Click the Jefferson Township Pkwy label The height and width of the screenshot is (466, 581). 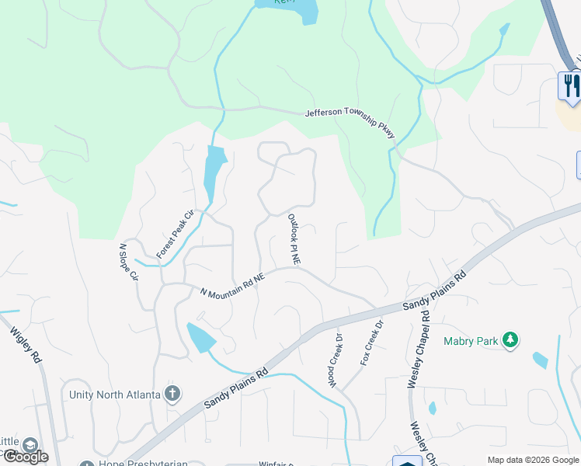pyautogui.click(x=350, y=122)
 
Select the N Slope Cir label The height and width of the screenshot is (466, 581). pyautogui.click(x=127, y=262)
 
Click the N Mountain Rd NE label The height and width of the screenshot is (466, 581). pyautogui.click(x=232, y=283)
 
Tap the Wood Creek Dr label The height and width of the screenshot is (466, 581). pyautogui.click(x=335, y=361)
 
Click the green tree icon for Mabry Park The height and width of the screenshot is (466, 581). pyautogui.click(x=510, y=339)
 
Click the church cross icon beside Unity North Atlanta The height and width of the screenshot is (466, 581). pyautogui.click(x=172, y=394)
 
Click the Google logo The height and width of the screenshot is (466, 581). pyautogui.click(x=25, y=456)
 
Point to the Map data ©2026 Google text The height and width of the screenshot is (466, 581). pyautogui.click(x=533, y=460)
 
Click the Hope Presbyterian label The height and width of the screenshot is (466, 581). pyautogui.click(x=144, y=464)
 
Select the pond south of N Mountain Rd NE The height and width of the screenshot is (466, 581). pyautogui.click(x=200, y=337)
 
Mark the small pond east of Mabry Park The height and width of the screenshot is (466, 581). pyautogui.click(x=540, y=360)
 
